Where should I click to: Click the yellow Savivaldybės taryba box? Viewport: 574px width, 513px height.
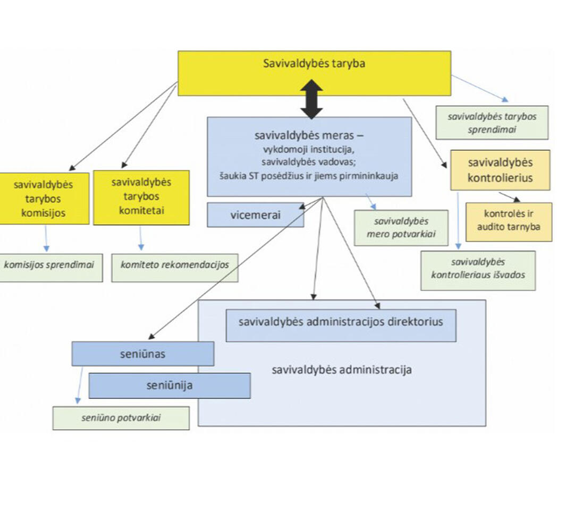pos(314,73)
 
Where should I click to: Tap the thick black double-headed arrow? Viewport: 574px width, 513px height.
pos(312,99)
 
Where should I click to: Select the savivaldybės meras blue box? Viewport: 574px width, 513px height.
pos(309,156)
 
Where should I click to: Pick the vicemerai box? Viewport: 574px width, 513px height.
pos(255,215)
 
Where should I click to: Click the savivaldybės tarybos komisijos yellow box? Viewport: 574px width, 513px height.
pos(44,198)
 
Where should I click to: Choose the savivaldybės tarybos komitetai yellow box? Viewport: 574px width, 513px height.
pos(141,197)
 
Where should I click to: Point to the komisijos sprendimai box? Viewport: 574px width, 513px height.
pos(52,263)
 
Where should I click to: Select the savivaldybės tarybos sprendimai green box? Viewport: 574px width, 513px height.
pos(492,123)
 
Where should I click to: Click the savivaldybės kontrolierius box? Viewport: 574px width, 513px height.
pos(500,170)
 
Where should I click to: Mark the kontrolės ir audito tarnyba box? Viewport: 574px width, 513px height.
pos(509,221)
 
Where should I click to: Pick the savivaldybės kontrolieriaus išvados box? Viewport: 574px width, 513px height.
pos(478,270)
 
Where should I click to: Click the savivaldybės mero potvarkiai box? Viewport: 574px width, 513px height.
pos(401,228)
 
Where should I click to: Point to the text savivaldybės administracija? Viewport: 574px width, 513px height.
pos(342,370)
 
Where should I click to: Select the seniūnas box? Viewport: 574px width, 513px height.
pos(143,354)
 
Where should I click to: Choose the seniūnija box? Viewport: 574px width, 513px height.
pos(170,386)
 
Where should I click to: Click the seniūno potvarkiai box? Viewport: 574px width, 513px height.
pos(121,418)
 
